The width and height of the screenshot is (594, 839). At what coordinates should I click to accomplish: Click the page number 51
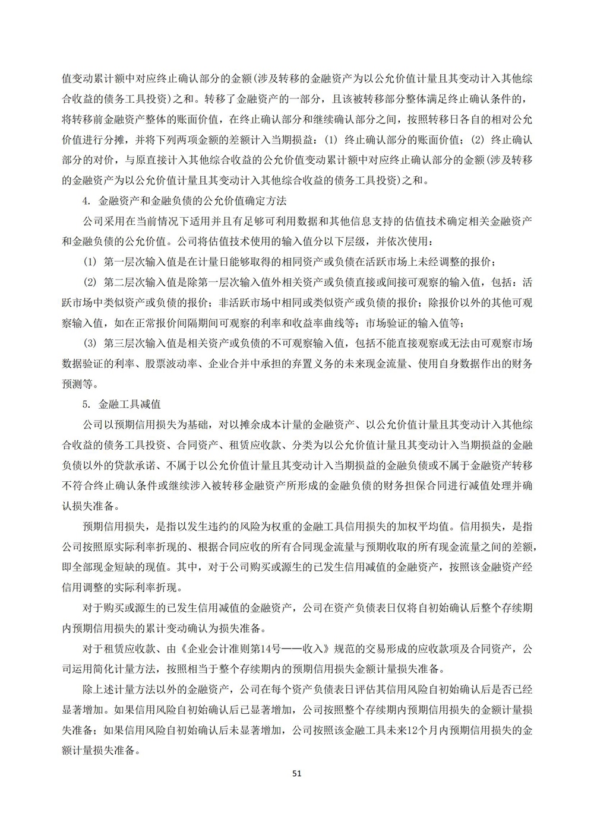coord(298,774)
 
